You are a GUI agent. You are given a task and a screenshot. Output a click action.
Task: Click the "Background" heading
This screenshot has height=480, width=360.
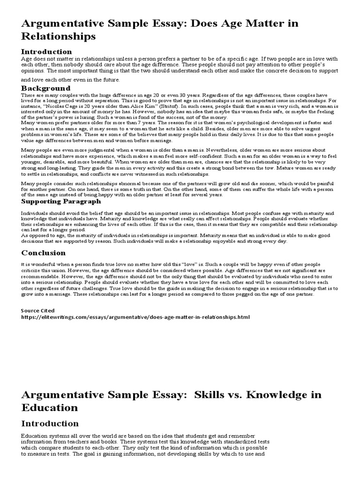(45, 88)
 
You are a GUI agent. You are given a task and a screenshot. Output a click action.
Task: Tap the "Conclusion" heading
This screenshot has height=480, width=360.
(44, 253)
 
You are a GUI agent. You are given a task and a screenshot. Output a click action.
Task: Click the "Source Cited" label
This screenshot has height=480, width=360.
(38, 310)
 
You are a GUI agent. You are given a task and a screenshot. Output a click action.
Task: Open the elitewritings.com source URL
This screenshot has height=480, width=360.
(136, 317)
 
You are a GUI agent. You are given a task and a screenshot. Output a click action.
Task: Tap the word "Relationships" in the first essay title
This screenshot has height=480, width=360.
(59, 36)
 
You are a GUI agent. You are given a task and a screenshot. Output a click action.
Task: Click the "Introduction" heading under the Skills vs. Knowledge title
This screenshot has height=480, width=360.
(50, 424)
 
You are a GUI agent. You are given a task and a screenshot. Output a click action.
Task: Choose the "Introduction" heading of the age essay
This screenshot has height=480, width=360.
(46, 52)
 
